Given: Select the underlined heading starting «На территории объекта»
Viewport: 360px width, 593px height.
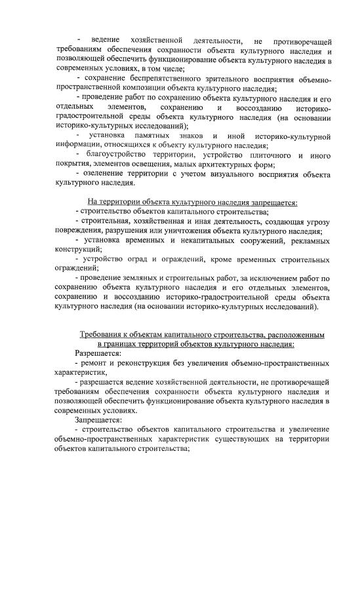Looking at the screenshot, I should point(192,202).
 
